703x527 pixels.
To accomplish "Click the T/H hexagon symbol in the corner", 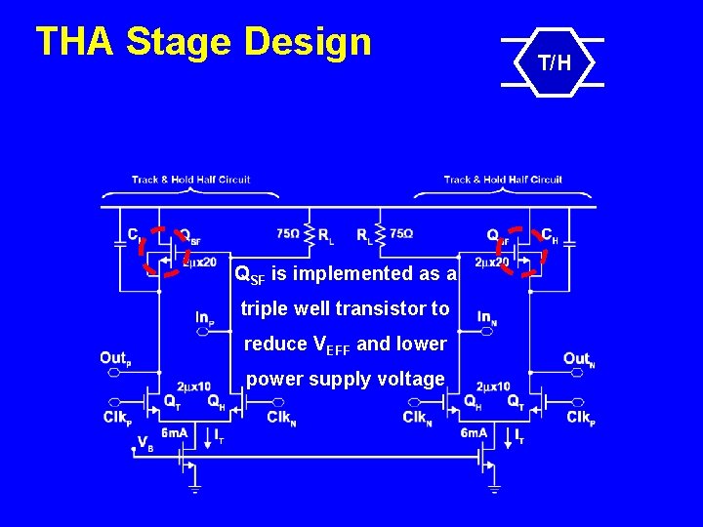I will pyautogui.click(x=553, y=64).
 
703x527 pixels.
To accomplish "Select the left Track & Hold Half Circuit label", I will pyautogui.click(x=191, y=180).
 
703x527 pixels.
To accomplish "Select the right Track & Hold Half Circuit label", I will pyautogui.click(x=503, y=180).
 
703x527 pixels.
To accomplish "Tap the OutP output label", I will pyautogui.click(x=115, y=358).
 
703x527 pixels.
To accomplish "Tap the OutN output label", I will pyautogui.click(x=579, y=358).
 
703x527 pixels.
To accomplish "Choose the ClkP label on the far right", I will pyautogui.click(x=581, y=418).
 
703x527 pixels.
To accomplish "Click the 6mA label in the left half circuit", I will pyautogui.click(x=175, y=432).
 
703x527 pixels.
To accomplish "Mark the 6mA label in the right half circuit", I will pyautogui.click(x=475, y=432).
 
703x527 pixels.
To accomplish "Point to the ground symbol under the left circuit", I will pyautogui.click(x=193, y=488).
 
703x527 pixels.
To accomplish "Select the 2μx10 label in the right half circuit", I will pyautogui.click(x=493, y=385).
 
